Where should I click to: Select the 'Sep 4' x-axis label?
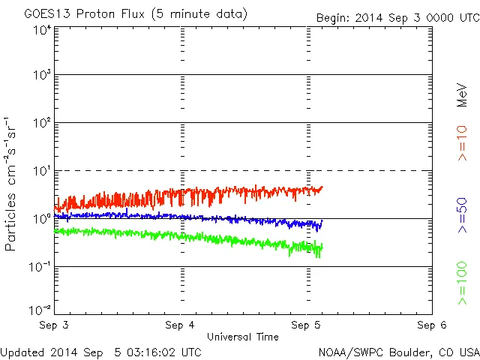(x=181, y=325)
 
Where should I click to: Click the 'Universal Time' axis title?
(x=242, y=337)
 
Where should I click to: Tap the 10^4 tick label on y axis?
(x=42, y=30)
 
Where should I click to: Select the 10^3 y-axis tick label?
(x=42, y=76)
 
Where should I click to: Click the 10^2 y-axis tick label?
(x=42, y=124)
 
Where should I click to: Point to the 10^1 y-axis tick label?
(x=42, y=172)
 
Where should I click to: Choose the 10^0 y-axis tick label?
(x=42, y=220)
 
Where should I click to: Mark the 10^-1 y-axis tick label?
(x=40, y=268)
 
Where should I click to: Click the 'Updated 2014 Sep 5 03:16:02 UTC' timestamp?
(x=100, y=351)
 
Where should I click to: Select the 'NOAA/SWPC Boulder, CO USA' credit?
(x=398, y=351)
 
